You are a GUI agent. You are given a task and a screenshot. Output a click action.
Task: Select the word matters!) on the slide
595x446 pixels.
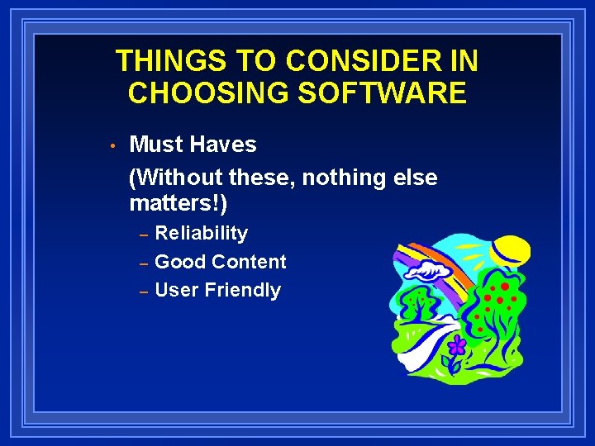point(178,202)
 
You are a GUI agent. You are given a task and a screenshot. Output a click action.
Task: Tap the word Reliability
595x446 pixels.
point(202,234)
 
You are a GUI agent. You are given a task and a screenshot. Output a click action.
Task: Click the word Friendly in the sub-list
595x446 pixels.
point(243,290)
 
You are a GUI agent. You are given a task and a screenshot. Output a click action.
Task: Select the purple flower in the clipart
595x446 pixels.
point(457,345)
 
